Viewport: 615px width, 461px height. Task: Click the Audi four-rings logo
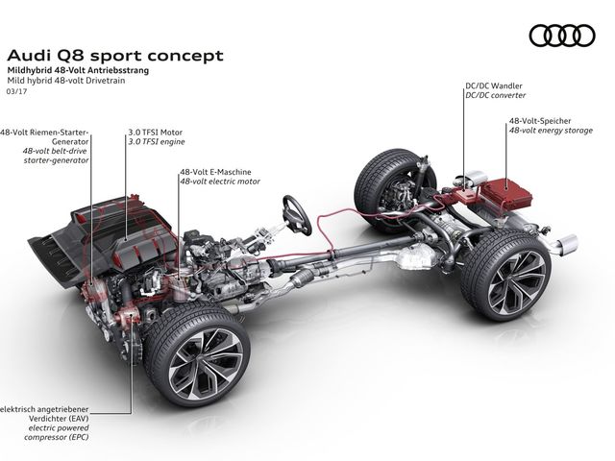562,36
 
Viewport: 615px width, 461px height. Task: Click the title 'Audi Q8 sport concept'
114,55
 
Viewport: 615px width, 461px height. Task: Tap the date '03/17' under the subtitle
16,92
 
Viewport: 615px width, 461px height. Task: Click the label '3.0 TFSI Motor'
156,132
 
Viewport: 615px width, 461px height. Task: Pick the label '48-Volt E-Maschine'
215,171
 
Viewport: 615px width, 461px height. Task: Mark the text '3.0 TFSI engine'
157,141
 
